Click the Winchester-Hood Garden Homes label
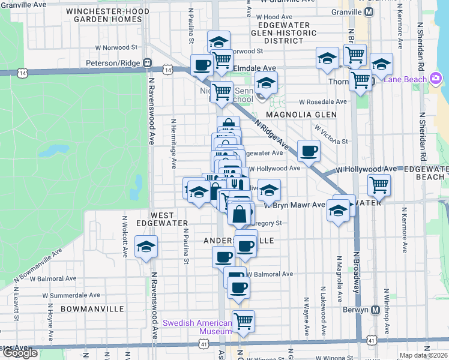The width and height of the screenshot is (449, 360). [107, 15]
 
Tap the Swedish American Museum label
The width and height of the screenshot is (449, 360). [197, 327]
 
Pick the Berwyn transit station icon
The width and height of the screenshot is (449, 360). [376, 310]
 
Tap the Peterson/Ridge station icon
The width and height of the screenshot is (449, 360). [146, 62]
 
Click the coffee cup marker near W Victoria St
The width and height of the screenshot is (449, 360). [309, 151]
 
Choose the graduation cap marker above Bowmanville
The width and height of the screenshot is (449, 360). [146, 247]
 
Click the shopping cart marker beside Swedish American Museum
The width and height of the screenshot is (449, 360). [243, 322]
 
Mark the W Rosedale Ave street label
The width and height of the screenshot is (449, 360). [324, 101]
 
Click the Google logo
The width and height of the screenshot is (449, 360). [20, 353]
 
